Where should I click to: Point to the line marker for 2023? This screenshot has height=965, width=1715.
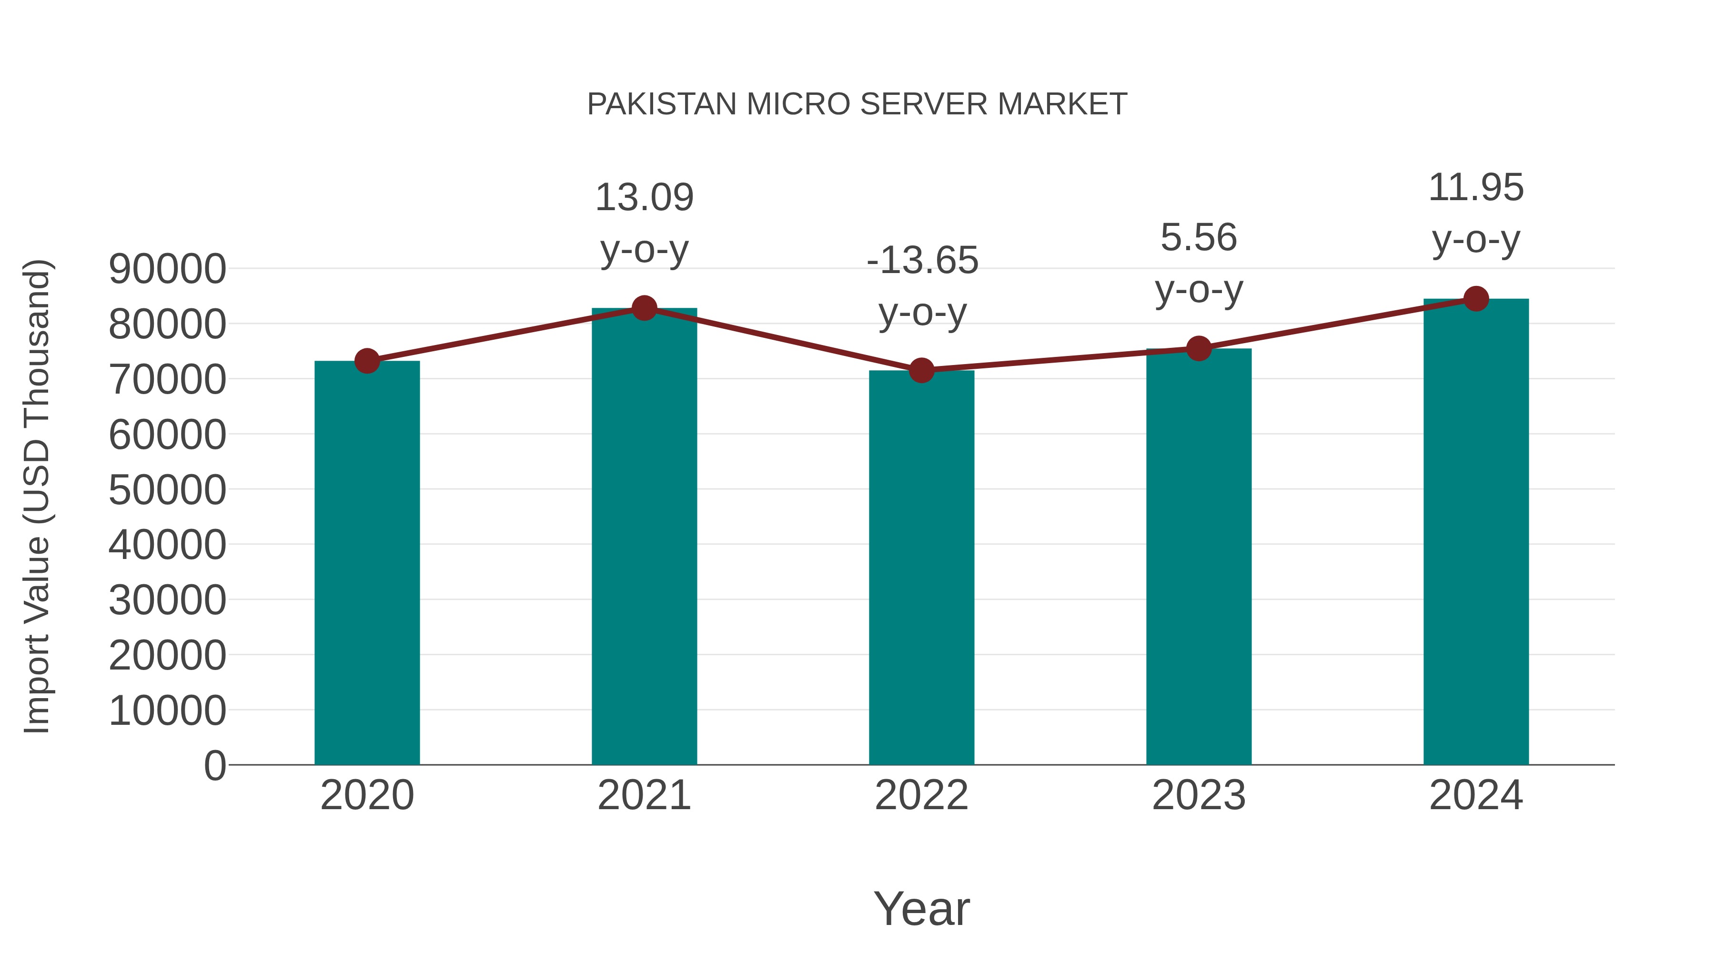click(1199, 348)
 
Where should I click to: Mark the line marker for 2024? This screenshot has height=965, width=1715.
click(1476, 299)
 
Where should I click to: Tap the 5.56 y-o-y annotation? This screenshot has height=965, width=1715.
click(1199, 263)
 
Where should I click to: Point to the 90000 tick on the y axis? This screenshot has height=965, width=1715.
click(167, 269)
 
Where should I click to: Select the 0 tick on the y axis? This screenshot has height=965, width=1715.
click(215, 765)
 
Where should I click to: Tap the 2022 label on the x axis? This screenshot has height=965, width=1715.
click(921, 795)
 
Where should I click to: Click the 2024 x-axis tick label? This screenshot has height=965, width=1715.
click(1476, 795)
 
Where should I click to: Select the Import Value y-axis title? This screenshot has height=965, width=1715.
click(37, 496)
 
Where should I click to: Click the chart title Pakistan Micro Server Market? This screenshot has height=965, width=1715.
click(857, 104)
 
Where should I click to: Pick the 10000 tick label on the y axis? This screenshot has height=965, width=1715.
click(167, 710)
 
